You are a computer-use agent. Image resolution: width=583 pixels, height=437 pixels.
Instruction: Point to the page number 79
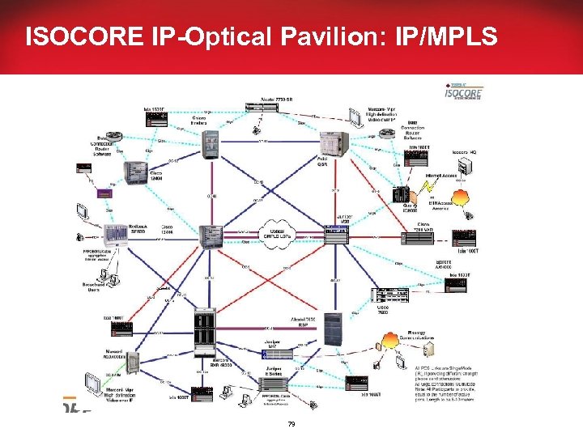click(x=291, y=424)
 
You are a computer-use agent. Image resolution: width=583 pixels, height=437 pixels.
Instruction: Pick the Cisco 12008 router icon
click(x=134, y=172)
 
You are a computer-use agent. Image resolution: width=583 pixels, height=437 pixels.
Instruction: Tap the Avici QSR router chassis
click(x=332, y=145)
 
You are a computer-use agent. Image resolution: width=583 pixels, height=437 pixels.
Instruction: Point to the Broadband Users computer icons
click(x=104, y=278)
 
